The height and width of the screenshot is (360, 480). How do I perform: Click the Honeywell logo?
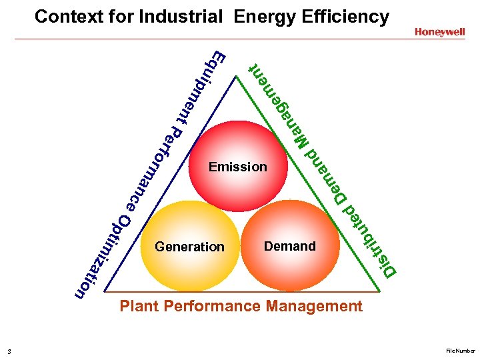pyautogui.click(x=439, y=31)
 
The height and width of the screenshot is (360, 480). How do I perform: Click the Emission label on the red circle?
pyautogui.click(x=237, y=167)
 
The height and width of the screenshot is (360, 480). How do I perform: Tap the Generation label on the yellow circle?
pyautogui.click(x=189, y=247)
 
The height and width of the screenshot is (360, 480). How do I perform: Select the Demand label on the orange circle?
pyautogui.click(x=289, y=246)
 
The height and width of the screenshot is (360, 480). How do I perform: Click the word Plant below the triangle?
pyautogui.click(x=139, y=307)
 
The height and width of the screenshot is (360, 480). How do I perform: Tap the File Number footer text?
pyautogui.click(x=461, y=351)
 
